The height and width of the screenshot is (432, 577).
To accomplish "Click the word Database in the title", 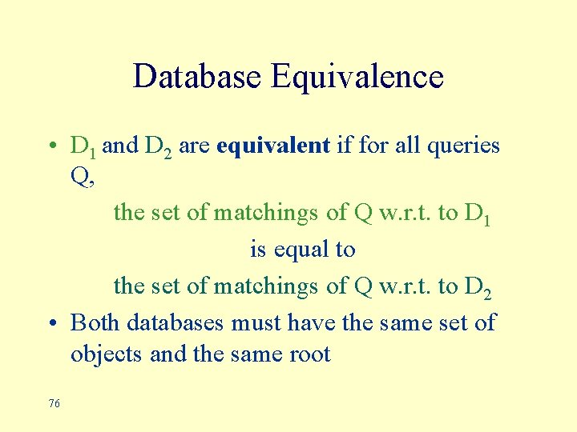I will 198,77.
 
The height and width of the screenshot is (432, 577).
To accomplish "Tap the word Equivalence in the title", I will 357,77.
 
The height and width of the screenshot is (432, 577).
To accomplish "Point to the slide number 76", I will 54,404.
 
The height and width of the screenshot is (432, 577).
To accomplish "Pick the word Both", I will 95,322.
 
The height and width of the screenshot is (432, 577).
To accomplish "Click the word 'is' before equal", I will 258,250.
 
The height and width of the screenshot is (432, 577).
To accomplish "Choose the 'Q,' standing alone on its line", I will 83,178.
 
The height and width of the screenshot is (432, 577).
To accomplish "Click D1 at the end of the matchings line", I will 478,214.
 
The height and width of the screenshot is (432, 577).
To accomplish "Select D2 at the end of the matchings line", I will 478,286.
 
